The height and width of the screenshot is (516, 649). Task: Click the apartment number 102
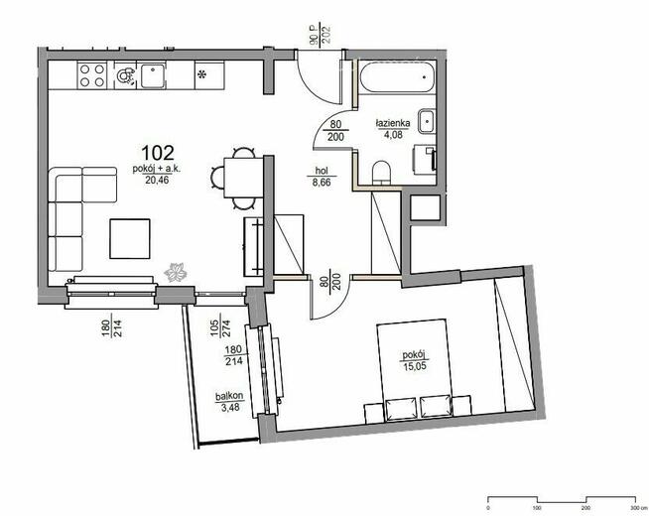[x=158, y=153]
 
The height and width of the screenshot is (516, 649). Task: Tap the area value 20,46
[x=156, y=181]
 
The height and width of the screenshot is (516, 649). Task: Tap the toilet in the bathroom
[x=379, y=173]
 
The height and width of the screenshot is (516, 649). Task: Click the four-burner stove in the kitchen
[x=92, y=74]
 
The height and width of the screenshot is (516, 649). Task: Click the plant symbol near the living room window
[x=177, y=271]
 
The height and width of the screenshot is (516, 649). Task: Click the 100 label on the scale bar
[x=536, y=506]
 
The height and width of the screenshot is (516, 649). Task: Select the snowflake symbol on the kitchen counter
[x=202, y=74]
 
